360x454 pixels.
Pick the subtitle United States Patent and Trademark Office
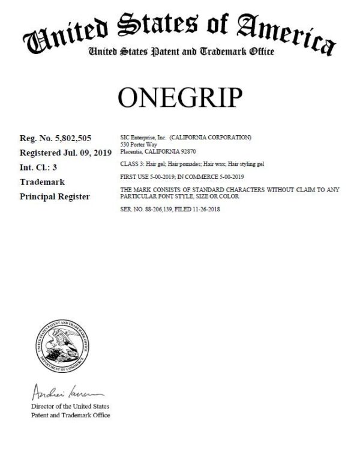(181, 52)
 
